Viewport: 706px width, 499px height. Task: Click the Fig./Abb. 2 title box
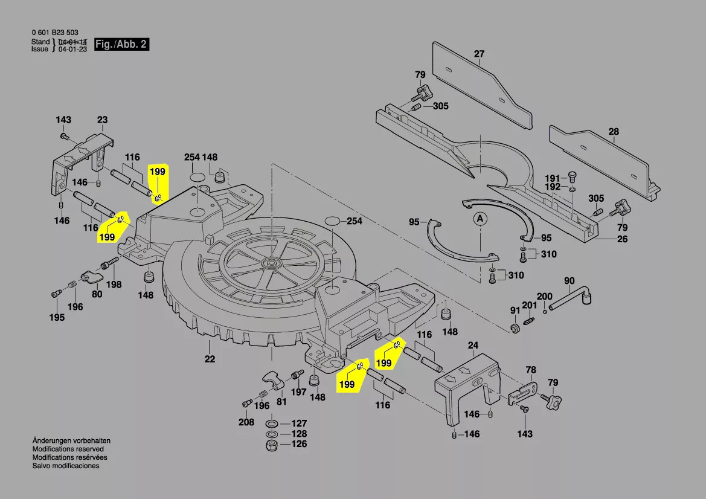tap(121, 45)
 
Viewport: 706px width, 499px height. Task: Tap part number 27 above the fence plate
tap(479, 54)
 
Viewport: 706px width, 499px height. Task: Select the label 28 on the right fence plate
tap(614, 132)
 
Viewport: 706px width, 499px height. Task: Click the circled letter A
tap(480, 218)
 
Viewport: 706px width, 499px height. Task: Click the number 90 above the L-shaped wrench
tap(570, 281)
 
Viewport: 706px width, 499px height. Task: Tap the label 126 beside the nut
tap(299, 445)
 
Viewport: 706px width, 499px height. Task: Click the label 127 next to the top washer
tap(299, 423)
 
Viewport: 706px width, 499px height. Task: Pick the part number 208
tap(246, 422)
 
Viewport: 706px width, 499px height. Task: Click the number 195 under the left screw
tap(57, 318)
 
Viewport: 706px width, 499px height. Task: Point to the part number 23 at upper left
tap(102, 120)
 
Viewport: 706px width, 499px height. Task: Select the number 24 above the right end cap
tap(473, 346)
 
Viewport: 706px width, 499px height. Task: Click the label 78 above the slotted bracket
tap(530, 370)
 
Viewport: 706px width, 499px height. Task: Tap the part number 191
tap(553, 178)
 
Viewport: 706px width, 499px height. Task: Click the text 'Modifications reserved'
tap(68, 449)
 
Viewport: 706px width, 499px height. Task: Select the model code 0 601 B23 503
tap(54, 33)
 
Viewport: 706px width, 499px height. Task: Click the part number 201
tap(530, 306)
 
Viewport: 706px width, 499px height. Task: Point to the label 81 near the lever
tap(281, 401)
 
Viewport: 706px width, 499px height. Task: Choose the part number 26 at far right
tap(622, 239)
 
